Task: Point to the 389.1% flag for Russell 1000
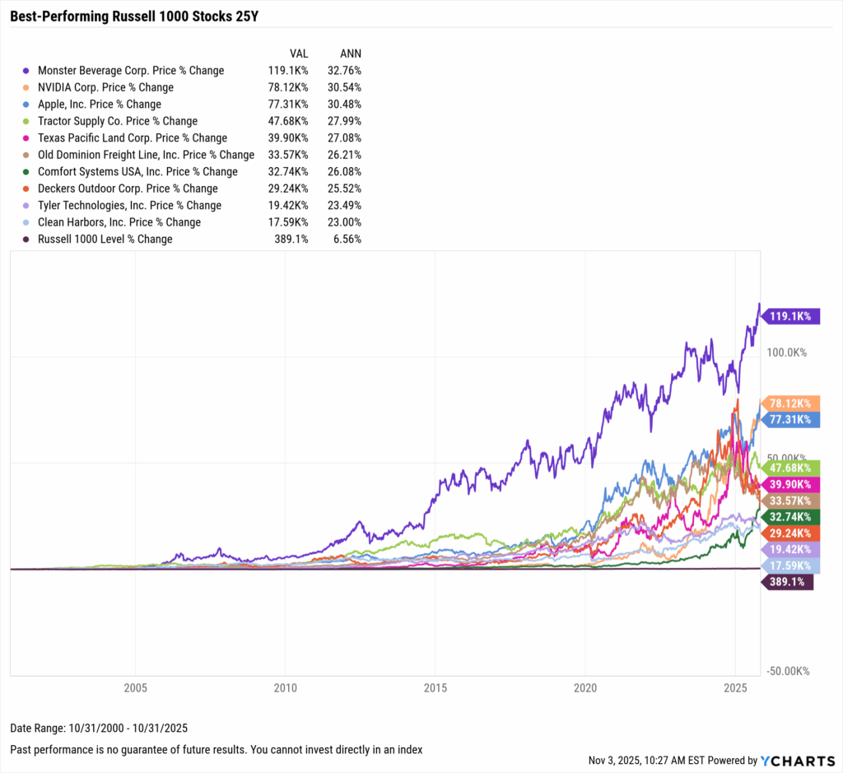(787, 582)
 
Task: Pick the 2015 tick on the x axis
(435, 687)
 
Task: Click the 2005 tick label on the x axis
(135, 687)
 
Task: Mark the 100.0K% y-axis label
(787, 352)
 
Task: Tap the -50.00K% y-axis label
(787, 671)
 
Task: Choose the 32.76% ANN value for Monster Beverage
(344, 71)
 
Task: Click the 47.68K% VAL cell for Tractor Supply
(288, 121)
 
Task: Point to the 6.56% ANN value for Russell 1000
(347, 240)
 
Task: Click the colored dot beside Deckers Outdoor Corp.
(26, 189)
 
